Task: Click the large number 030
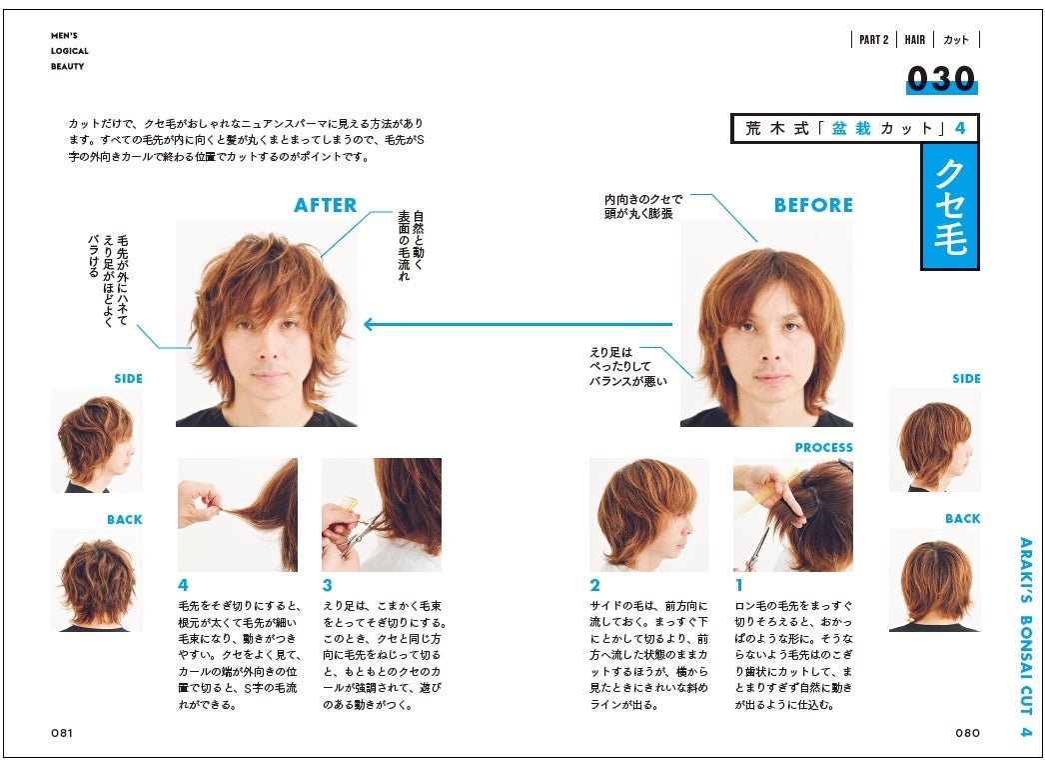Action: [x=941, y=79]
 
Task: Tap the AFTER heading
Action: [x=326, y=206]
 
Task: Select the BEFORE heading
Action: [x=813, y=206]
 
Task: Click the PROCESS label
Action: [x=824, y=448]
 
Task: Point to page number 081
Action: [x=62, y=733]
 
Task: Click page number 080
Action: [x=968, y=733]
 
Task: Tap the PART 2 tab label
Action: [x=874, y=40]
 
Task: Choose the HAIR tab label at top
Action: [x=915, y=40]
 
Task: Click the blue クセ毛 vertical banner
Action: [x=950, y=206]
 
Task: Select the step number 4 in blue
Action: [x=183, y=585]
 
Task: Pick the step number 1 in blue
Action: [x=738, y=585]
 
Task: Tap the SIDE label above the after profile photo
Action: [x=128, y=379]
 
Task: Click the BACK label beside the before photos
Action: [x=962, y=518]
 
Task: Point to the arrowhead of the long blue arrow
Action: [x=368, y=325]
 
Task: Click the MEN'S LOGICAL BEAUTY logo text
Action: [x=69, y=51]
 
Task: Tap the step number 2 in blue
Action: [x=594, y=585]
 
